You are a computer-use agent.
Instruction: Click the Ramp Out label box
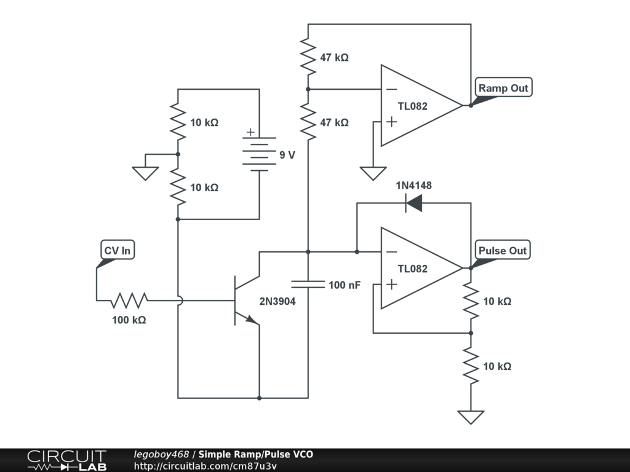click(503, 87)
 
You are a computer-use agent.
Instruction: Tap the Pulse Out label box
click(503, 250)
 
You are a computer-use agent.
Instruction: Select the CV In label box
click(118, 250)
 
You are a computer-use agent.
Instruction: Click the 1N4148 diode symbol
click(414, 203)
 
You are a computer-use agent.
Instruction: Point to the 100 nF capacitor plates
click(308, 284)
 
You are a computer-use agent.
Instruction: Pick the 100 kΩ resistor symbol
click(129, 300)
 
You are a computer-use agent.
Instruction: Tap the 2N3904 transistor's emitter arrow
click(252, 320)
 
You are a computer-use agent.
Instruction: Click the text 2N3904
click(277, 301)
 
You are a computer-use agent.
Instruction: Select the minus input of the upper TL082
click(391, 89)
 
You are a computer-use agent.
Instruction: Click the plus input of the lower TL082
click(391, 284)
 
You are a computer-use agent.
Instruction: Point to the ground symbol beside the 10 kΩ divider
click(145, 173)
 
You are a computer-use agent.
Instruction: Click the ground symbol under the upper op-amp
click(373, 173)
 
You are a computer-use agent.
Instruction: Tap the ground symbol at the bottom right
click(471, 417)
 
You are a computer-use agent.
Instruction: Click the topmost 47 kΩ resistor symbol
click(308, 57)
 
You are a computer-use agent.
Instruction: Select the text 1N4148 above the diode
click(413, 186)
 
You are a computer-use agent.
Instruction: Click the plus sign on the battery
click(250, 132)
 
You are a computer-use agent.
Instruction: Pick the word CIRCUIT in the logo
click(66, 457)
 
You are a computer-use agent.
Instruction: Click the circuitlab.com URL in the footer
click(205, 466)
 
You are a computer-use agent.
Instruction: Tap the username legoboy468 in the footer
click(161, 454)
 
